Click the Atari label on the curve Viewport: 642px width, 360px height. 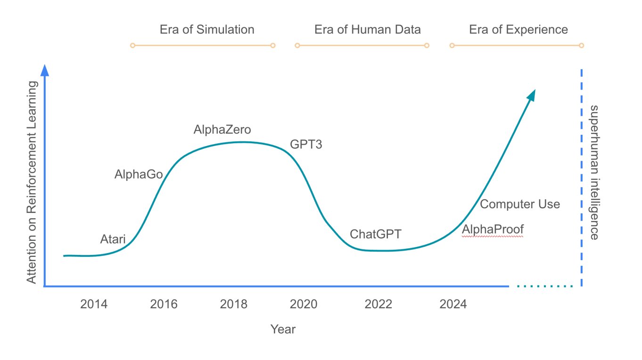coord(113,239)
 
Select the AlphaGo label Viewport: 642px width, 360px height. coord(139,174)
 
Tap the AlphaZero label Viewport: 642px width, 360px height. coord(222,130)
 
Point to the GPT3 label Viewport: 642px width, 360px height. coord(306,145)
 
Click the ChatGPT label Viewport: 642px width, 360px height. coord(375,234)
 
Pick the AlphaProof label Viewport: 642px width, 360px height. coord(493,229)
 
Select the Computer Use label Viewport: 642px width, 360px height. coord(520,204)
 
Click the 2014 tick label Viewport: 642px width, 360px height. coord(94,304)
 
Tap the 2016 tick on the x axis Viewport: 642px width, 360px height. coord(164,304)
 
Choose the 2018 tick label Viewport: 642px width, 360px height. coord(234,304)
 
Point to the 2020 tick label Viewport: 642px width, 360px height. coord(304,304)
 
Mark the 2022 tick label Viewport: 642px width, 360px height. coord(379,304)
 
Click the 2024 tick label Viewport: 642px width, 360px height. coord(453,304)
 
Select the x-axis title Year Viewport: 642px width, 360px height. coord(283,329)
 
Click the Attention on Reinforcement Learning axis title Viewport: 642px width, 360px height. coord(32,182)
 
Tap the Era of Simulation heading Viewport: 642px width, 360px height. coord(207,30)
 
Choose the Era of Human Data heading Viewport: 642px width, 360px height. coord(367,30)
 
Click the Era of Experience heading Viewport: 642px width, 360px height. coord(519,30)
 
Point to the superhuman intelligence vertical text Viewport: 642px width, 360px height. coord(594,172)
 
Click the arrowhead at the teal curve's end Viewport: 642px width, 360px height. coord(531,94)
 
